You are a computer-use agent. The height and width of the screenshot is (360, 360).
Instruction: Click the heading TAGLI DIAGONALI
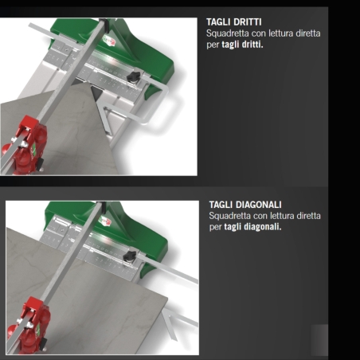coord(245,205)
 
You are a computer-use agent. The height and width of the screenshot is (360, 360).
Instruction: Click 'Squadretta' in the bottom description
coord(229,216)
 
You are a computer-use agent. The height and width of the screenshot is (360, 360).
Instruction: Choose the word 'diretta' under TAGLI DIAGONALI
coord(307,216)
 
